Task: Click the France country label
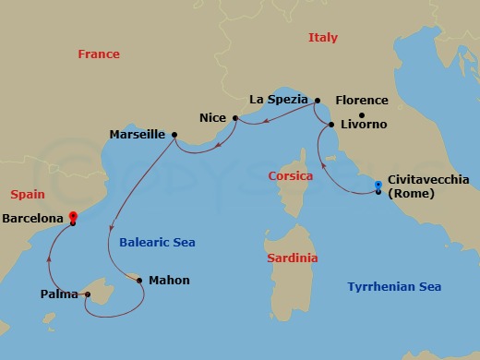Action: (x=99, y=54)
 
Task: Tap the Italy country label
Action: (x=322, y=38)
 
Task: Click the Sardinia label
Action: (x=292, y=258)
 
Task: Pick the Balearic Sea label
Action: (x=157, y=243)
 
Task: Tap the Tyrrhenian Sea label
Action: (x=394, y=287)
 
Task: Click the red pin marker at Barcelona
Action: (x=73, y=219)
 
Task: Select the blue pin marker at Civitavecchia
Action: (x=378, y=186)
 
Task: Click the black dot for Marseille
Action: (x=174, y=135)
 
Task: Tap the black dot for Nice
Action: (x=236, y=118)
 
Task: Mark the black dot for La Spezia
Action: (x=317, y=100)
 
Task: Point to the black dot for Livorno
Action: (x=331, y=124)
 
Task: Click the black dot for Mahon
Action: (x=139, y=280)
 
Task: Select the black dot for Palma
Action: (x=87, y=295)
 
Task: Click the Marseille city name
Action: (x=138, y=135)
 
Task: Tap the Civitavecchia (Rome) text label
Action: (x=429, y=186)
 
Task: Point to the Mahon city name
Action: (x=170, y=281)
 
